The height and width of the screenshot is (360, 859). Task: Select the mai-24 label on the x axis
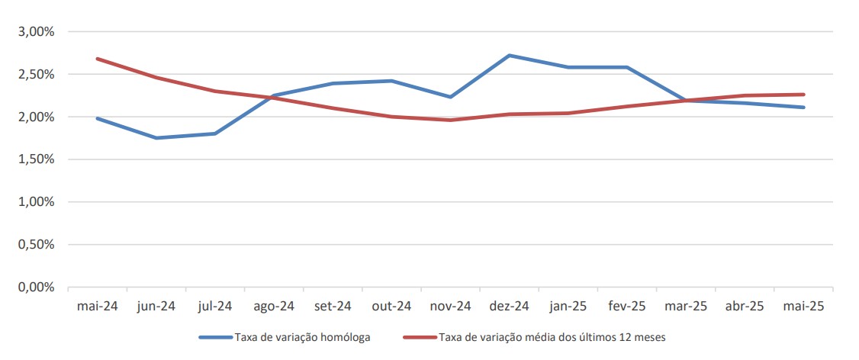[x=98, y=306]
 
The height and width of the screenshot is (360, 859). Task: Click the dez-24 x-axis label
[x=510, y=306]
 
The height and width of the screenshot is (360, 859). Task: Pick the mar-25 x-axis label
[x=686, y=306]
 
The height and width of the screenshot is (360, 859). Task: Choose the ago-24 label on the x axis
[x=274, y=306]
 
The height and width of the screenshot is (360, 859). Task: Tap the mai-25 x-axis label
[x=803, y=306]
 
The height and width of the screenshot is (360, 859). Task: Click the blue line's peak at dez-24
[x=510, y=55]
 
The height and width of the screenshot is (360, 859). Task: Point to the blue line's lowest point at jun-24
[x=156, y=138]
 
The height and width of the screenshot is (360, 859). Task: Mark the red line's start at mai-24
[x=98, y=59]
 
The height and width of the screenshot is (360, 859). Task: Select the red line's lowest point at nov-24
[x=451, y=120]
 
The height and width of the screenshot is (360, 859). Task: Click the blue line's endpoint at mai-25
[x=804, y=108]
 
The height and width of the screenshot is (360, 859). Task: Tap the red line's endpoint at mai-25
[x=804, y=95]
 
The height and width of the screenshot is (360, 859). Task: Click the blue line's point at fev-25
[x=627, y=67]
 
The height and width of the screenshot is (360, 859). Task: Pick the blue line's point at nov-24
[x=451, y=97]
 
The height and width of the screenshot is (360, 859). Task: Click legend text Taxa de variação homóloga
[x=304, y=336]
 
